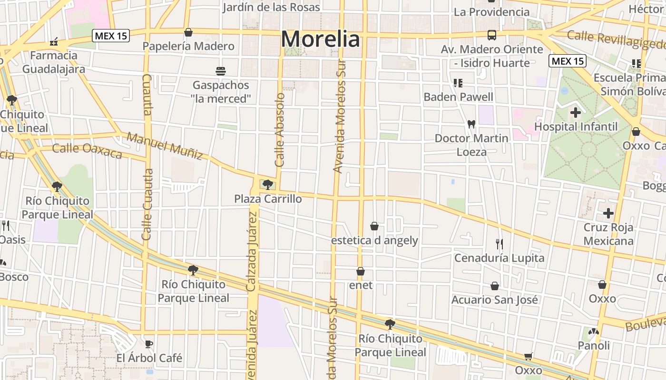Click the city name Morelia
[x=320, y=39]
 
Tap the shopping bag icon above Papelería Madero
[x=188, y=32]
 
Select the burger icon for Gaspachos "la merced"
[x=220, y=71]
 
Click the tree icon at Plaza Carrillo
[x=267, y=184]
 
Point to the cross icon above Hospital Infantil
[x=576, y=113]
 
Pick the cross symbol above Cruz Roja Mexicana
[x=608, y=213]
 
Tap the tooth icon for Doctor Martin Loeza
[x=471, y=124]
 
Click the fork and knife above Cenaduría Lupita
[x=499, y=244]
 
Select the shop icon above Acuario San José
[x=495, y=286]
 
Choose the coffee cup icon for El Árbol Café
[x=149, y=343]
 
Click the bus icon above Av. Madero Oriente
[x=491, y=35]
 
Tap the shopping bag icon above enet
[x=361, y=271]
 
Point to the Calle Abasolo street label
[x=280, y=129]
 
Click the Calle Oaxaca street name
[x=87, y=151]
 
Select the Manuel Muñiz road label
[x=165, y=146]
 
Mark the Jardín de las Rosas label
[x=272, y=7]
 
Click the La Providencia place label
[x=491, y=12]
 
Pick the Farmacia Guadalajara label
[x=54, y=62]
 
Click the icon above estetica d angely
[x=374, y=226]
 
